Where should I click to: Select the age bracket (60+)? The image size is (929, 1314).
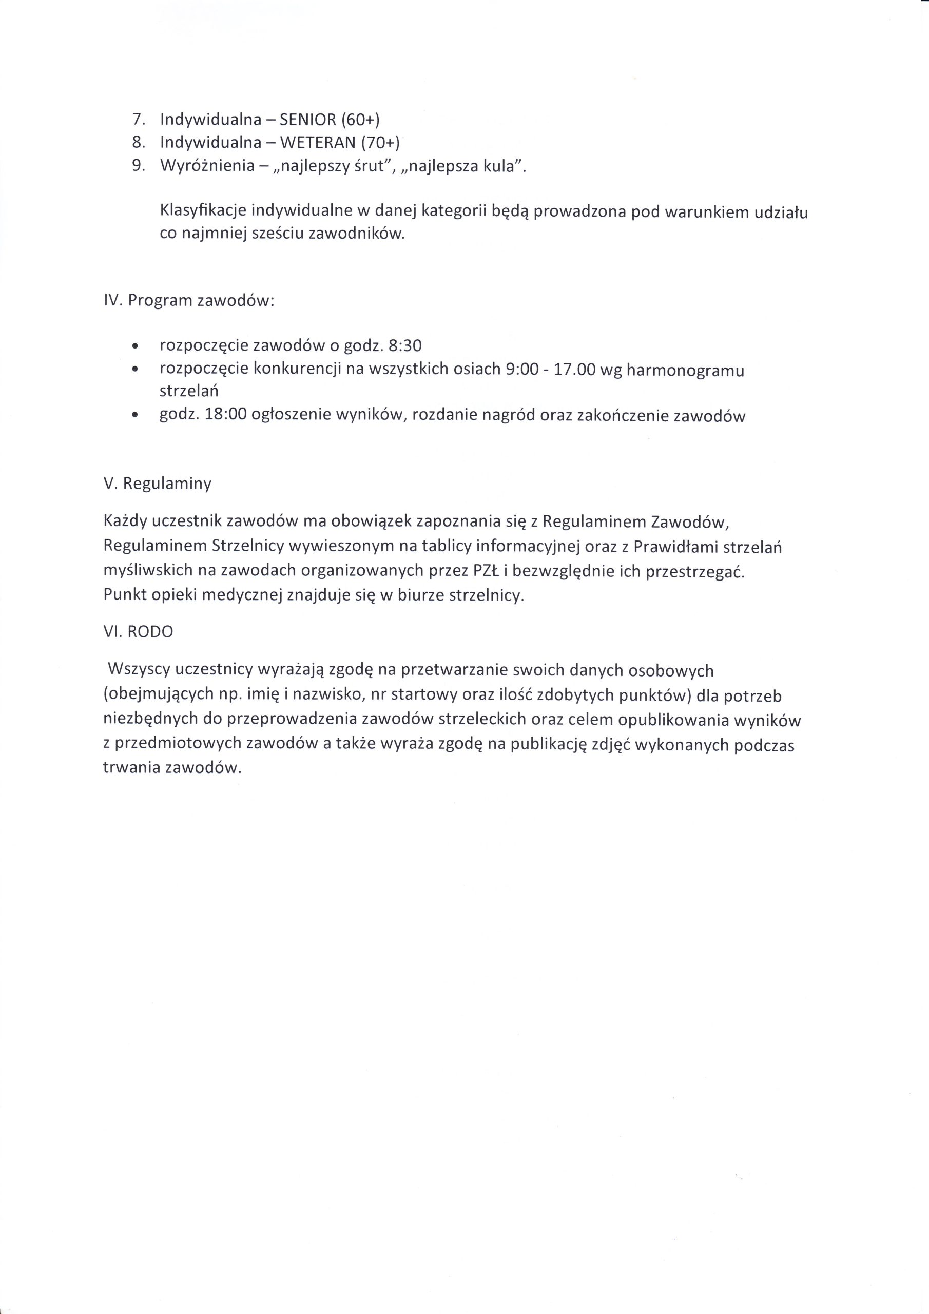(x=361, y=119)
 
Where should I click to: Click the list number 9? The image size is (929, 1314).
(x=138, y=165)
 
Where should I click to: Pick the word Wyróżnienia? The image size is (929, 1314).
(x=207, y=166)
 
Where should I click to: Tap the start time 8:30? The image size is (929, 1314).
(x=404, y=345)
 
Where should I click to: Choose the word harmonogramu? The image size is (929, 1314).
(x=685, y=370)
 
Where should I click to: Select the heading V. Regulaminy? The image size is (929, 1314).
(x=158, y=484)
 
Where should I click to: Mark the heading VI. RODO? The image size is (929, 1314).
(x=138, y=631)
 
